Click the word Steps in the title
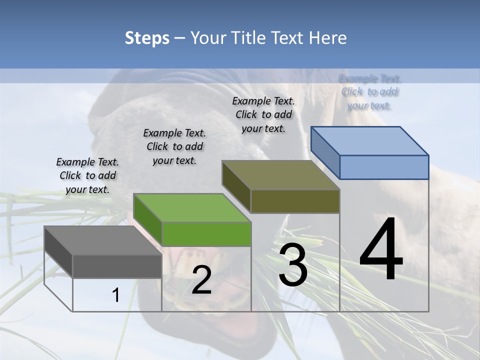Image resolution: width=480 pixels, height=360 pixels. [x=147, y=38]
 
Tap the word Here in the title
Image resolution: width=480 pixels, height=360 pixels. [x=327, y=38]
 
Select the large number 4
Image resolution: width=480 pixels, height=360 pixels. [x=381, y=250]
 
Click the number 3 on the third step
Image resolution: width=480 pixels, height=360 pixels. [x=293, y=265]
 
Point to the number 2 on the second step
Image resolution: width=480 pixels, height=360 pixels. [x=201, y=280]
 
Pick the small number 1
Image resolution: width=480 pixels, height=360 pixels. [x=115, y=295]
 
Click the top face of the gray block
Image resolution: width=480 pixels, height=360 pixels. [x=102, y=240]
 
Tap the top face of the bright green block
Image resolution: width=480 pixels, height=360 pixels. [x=192, y=208]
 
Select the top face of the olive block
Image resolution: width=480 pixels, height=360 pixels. [x=280, y=175]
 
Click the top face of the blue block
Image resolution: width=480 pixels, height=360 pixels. [x=369, y=141]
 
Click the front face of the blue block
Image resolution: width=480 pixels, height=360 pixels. [x=384, y=167]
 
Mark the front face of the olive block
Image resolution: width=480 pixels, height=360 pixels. [x=295, y=201]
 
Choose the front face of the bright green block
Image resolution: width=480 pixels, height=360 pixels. [x=206, y=234]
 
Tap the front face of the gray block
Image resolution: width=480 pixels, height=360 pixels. [x=117, y=266]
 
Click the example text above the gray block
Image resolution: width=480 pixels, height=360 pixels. [x=87, y=175]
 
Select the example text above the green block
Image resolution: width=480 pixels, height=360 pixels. [x=174, y=146]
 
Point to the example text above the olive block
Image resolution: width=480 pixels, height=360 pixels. [x=263, y=114]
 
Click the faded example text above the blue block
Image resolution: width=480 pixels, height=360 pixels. [x=369, y=92]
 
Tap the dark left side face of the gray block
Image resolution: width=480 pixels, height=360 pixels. [x=58, y=251]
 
